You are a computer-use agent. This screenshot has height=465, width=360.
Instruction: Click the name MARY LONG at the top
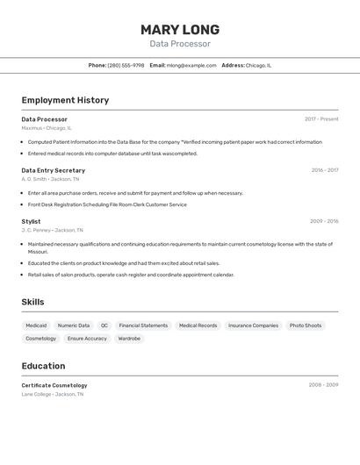coord(180,29)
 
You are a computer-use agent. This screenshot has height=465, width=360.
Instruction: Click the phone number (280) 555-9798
coord(126,65)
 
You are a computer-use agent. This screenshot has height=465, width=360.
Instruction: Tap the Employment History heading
coord(65,100)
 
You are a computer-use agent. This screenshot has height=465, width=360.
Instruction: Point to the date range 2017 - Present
coord(321,119)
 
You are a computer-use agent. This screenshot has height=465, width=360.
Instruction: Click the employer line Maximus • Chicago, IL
coord(47,128)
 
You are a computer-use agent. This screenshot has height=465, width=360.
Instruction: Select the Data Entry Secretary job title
coord(54,170)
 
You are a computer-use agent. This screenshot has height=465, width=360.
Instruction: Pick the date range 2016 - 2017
coord(324,170)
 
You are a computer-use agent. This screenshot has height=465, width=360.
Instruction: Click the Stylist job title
coord(31,221)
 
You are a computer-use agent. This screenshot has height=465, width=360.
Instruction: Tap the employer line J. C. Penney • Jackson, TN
coord(52,230)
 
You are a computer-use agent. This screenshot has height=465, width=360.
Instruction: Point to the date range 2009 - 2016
coord(324,221)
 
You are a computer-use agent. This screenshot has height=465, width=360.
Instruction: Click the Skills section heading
coord(33,302)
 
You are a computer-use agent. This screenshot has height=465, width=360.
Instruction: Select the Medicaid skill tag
coord(36,325)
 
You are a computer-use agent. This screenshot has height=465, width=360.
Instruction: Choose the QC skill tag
coord(104,325)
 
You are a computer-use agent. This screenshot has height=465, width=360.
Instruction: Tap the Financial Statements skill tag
coord(143,325)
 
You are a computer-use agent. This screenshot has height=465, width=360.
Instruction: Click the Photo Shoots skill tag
coord(306,325)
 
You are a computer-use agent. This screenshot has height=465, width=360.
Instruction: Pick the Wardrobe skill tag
coord(129,339)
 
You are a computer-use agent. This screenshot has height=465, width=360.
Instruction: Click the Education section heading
coord(43,366)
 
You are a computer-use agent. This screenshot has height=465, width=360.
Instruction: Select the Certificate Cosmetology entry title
coord(54,385)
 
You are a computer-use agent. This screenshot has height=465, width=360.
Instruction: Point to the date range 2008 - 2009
coord(323,385)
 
